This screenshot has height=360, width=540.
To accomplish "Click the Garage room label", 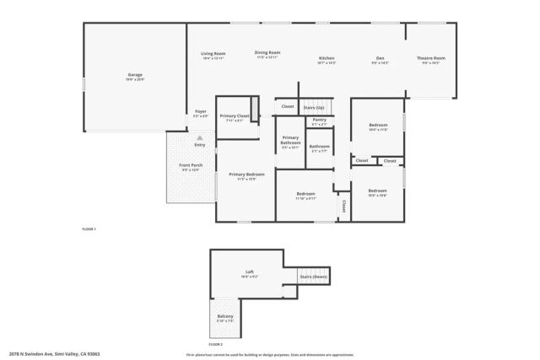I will click(x=135, y=75).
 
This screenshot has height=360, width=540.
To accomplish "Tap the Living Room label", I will click(x=213, y=53).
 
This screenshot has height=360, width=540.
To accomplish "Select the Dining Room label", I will click(x=267, y=53).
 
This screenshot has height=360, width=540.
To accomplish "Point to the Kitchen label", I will click(x=327, y=58).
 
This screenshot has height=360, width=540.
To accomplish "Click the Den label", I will click(x=381, y=58).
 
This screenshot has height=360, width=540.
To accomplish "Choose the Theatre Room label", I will click(x=430, y=58).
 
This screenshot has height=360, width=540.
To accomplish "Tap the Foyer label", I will click(x=201, y=111).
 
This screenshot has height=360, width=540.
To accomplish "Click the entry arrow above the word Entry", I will click(x=200, y=137).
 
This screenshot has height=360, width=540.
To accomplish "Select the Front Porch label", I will click(x=191, y=165).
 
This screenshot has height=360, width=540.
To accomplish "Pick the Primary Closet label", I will click(x=234, y=116).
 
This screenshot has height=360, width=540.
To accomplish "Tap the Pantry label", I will click(x=319, y=120).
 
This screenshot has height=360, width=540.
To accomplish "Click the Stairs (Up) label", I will click(x=315, y=107).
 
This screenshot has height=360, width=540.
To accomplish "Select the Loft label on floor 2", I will click(x=249, y=271).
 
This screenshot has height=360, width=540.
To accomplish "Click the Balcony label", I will click(x=225, y=316).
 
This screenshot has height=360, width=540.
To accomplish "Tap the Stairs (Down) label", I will click(x=313, y=277).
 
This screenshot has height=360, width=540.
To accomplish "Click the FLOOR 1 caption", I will click(x=89, y=229).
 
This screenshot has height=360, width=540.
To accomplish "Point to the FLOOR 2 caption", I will click(x=216, y=344).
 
